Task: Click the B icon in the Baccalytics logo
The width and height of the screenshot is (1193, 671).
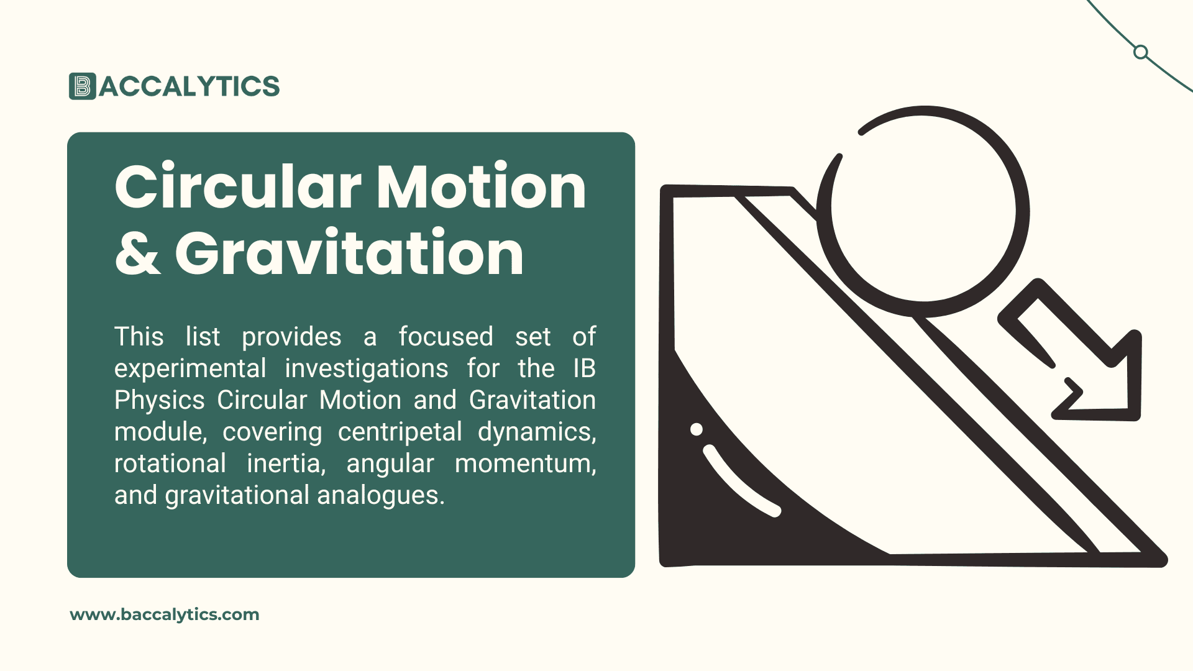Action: [x=83, y=86]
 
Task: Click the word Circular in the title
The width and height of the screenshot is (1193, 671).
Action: [x=237, y=186]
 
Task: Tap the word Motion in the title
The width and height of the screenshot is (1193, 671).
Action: [x=481, y=186]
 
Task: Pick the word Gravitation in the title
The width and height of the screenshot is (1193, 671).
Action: [x=349, y=253]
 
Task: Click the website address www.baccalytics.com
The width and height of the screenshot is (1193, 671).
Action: [x=165, y=614]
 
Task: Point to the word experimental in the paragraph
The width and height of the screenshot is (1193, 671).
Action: [x=190, y=368]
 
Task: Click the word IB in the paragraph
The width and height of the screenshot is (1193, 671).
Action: [x=584, y=368]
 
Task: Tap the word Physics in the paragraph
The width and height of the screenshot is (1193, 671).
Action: [x=160, y=400]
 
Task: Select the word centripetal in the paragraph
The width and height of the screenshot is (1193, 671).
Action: [x=400, y=432]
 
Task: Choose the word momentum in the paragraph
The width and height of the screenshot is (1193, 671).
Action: [x=525, y=463]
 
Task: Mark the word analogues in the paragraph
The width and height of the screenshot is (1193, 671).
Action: [x=381, y=496]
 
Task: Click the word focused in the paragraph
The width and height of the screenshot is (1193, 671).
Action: [x=446, y=337]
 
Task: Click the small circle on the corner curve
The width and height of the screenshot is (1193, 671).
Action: [x=1141, y=52]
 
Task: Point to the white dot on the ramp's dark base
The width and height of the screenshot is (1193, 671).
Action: [x=697, y=429]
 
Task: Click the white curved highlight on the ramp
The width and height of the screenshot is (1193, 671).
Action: [x=737, y=482]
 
